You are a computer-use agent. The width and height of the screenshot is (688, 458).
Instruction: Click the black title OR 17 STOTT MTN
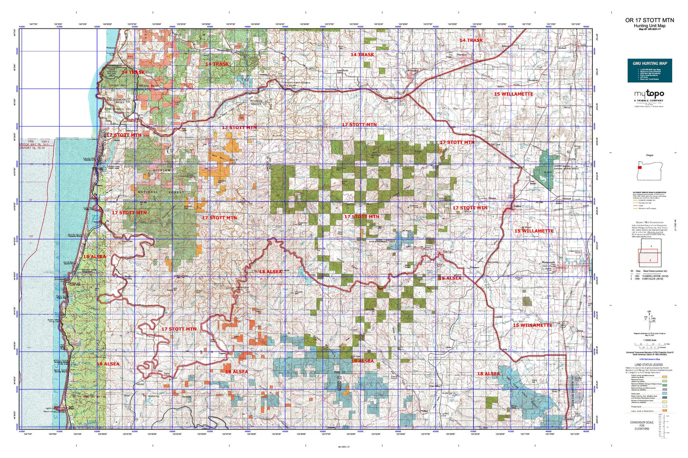(649, 20)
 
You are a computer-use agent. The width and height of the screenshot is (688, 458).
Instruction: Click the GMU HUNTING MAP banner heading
(649, 63)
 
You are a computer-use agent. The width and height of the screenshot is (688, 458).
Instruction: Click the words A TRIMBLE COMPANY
(649, 101)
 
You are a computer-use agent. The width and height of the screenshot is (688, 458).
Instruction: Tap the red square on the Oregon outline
(640, 167)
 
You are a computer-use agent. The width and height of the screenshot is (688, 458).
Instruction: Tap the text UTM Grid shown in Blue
(649, 359)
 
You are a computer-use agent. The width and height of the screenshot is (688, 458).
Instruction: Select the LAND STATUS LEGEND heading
(649, 364)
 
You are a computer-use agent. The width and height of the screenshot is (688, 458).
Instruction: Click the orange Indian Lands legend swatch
(664, 410)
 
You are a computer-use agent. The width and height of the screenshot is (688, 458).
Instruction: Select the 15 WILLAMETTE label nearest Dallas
(534, 231)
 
